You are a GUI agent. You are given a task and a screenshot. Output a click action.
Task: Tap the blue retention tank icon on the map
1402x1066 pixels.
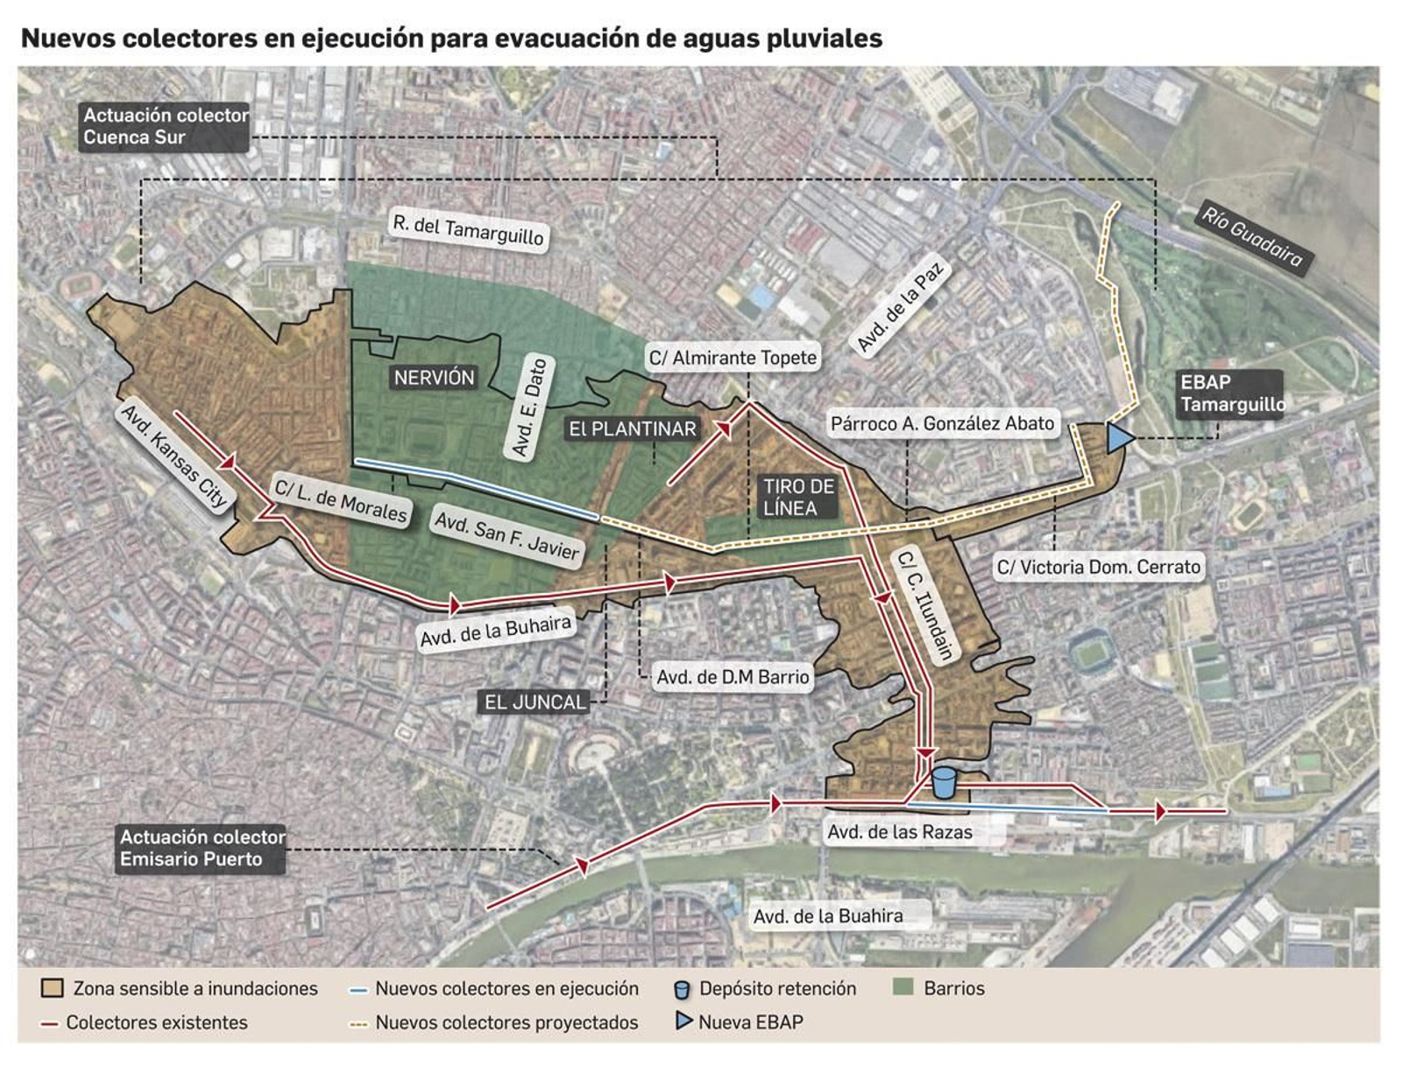[x=943, y=782]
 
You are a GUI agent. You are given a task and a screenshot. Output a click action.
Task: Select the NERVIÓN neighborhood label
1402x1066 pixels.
[x=434, y=378]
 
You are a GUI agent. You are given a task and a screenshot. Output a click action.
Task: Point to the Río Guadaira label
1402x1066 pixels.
[x=1251, y=236]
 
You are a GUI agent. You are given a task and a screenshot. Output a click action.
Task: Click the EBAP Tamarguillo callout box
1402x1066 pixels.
[x=1230, y=393]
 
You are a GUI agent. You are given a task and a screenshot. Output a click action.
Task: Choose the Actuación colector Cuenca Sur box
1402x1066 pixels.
[x=165, y=126]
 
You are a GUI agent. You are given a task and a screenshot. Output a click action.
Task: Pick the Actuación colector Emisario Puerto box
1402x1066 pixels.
[x=202, y=848]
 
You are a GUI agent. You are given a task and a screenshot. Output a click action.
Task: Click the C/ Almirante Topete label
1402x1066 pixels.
[x=733, y=357]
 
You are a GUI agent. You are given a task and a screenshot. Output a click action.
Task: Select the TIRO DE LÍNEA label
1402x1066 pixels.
[x=798, y=497]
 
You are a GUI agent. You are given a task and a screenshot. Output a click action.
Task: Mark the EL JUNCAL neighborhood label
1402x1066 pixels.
[x=535, y=702]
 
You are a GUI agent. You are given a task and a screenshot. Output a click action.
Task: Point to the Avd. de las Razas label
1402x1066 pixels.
[x=900, y=832]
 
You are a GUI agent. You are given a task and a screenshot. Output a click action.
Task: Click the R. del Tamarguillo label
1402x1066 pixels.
[x=468, y=230]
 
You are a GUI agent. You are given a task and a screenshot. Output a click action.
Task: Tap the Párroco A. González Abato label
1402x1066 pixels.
[x=942, y=424]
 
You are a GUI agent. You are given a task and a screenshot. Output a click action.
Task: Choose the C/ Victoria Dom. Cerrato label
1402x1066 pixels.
[x=1098, y=567]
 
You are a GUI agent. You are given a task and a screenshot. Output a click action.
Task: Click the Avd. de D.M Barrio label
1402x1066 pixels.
[x=733, y=676]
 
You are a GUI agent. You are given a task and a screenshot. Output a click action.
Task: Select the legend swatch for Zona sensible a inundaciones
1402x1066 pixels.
[x=52, y=988]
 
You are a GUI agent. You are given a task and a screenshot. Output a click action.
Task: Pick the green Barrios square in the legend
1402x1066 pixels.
[x=903, y=987]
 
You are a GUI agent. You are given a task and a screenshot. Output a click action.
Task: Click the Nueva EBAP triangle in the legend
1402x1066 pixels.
[x=683, y=1020]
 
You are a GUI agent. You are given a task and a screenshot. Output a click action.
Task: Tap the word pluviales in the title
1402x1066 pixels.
[x=824, y=39]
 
